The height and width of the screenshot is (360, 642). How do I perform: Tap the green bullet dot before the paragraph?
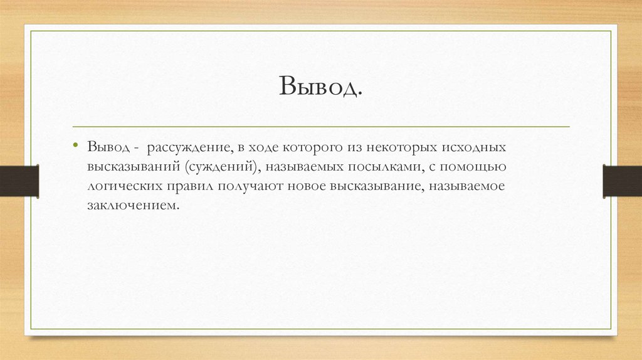click(x=75, y=146)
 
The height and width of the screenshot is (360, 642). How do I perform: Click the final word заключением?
click(x=129, y=205)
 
